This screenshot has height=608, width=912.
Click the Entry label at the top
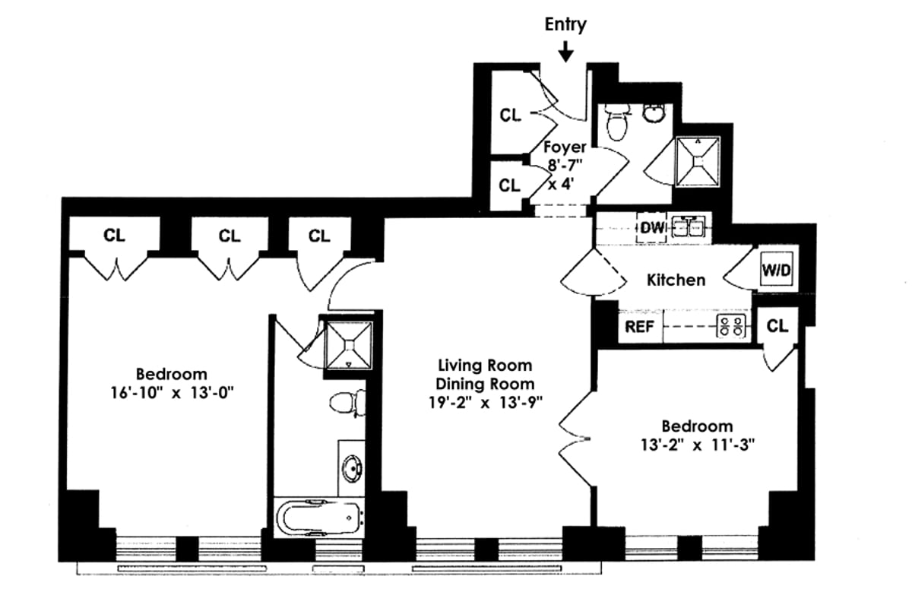[x=565, y=24]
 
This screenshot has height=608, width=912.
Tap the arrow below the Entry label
[x=565, y=52]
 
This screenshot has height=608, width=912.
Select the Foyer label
[x=564, y=147]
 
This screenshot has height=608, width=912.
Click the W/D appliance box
[x=776, y=270]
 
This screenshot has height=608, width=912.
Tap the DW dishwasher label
[x=651, y=227]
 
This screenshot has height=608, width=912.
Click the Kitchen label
[x=676, y=280]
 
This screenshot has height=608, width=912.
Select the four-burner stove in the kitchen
[x=732, y=328]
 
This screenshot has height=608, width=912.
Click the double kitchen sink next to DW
[x=689, y=227]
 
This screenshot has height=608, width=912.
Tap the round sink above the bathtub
[x=351, y=467]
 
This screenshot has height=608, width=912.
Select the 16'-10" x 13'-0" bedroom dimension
[x=171, y=394]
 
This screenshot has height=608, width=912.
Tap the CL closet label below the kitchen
[x=777, y=327]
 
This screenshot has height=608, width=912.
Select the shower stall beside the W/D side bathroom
[x=697, y=160]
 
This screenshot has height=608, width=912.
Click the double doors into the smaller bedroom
[x=575, y=437]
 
